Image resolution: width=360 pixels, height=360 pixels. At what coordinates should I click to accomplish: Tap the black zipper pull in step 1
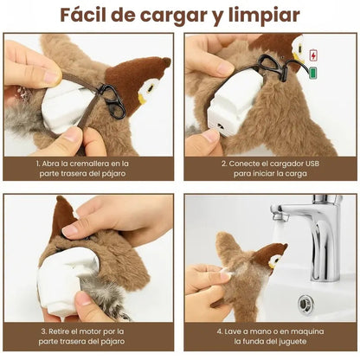112,100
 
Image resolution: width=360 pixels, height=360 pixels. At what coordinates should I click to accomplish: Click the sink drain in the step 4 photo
305,303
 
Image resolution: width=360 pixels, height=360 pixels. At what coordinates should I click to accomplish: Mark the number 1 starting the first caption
38,162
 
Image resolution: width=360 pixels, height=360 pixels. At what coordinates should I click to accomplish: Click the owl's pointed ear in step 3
61,212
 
